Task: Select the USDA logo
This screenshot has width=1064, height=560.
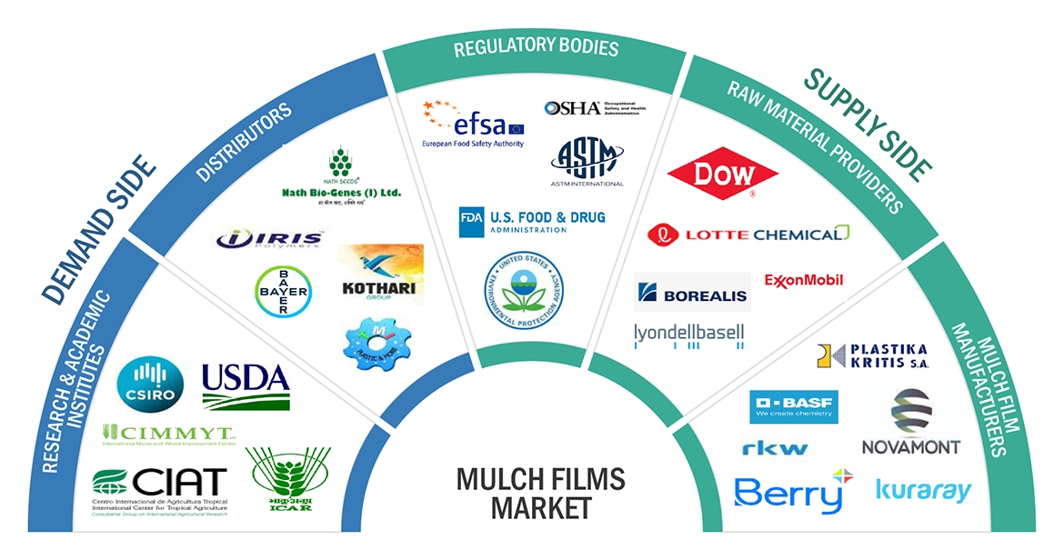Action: (x=246, y=386)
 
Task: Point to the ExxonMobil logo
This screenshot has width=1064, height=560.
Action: (x=804, y=280)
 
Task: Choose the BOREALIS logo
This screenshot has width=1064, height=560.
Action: (x=691, y=293)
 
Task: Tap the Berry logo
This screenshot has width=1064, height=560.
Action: (x=788, y=492)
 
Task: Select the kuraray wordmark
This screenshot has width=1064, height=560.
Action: (x=923, y=491)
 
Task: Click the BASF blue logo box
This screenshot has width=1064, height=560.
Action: (x=794, y=405)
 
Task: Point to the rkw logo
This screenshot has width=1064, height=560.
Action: (x=774, y=448)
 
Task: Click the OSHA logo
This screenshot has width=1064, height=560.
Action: (x=594, y=108)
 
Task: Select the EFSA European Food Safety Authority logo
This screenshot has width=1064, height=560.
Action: (x=473, y=125)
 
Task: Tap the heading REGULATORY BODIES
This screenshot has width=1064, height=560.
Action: (x=536, y=46)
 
